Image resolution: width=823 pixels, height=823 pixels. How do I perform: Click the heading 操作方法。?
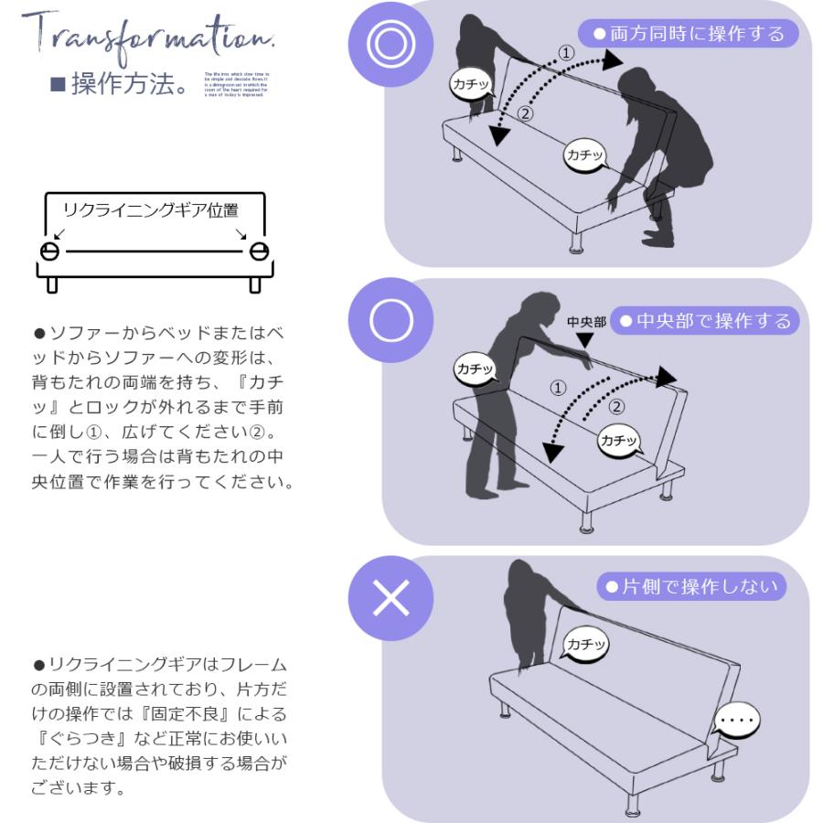click(x=119, y=86)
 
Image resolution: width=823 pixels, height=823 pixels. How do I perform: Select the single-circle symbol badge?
click(x=390, y=320)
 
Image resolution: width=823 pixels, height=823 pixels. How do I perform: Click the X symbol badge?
click(x=390, y=598)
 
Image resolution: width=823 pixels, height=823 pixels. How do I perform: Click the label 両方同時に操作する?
click(x=689, y=34)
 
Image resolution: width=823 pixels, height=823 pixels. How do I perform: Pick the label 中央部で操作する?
click(x=703, y=321)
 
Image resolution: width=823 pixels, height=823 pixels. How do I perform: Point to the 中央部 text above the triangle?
click(x=586, y=322)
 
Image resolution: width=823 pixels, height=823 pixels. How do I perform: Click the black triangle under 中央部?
click(x=585, y=339)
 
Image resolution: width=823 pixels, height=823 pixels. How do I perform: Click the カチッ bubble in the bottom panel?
click(x=585, y=645)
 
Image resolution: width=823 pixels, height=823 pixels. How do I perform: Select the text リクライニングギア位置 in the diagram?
click(x=150, y=210)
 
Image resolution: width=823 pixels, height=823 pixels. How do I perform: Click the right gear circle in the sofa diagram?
click(x=259, y=251)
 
